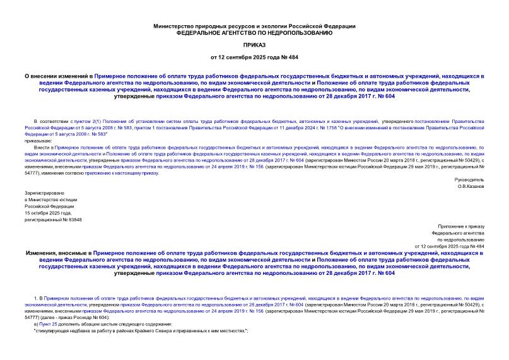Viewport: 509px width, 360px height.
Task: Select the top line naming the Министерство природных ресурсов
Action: pyautogui.click(x=254, y=25)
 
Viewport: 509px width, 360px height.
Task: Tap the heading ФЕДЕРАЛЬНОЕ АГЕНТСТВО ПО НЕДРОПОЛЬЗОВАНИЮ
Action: pyautogui.click(x=254, y=32)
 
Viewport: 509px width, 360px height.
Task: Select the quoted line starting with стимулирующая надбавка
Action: pyautogui.click(x=140, y=331)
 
